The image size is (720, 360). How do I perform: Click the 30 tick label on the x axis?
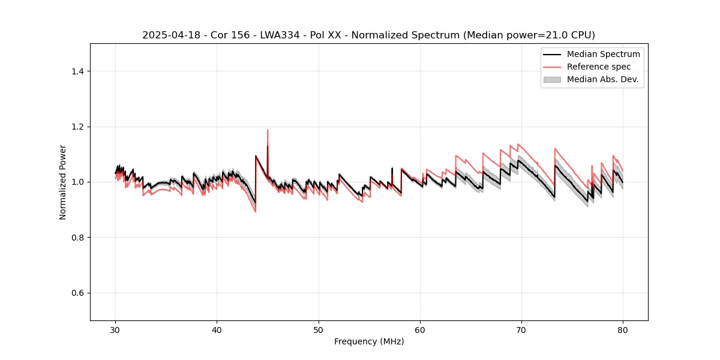click(116, 330)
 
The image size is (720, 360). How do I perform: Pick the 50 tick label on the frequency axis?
click(319, 330)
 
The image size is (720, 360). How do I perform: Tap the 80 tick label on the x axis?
click(623, 330)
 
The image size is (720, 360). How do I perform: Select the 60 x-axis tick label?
click(420, 330)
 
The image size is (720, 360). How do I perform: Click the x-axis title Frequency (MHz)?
click(369, 341)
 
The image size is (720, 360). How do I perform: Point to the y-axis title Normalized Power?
click(63, 182)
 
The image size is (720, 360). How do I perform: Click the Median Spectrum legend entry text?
click(603, 54)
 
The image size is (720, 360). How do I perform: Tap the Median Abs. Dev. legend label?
click(602, 79)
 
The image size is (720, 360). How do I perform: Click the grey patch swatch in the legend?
click(552, 79)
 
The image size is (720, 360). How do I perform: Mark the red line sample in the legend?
click(552, 67)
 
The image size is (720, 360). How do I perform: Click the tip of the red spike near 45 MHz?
click(268, 130)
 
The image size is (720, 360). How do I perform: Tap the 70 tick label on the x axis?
click(521, 330)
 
